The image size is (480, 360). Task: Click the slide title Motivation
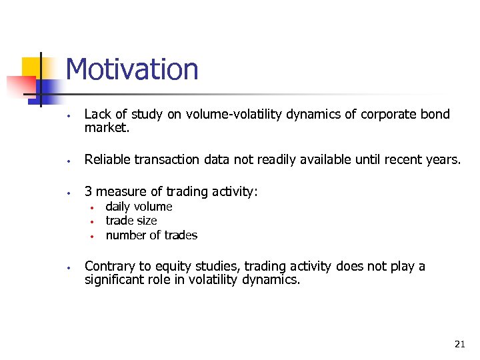132,69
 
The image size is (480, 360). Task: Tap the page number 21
459,344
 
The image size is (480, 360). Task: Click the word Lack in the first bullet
97,115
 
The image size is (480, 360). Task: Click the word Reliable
109,159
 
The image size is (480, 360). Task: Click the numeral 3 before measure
88,191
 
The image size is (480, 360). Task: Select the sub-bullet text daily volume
139,207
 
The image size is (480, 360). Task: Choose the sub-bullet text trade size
131,221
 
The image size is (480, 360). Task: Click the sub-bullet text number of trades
151,235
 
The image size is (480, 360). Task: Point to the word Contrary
109,267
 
